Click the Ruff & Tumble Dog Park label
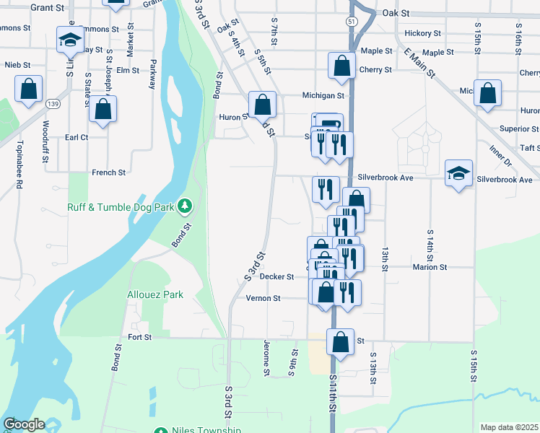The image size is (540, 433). coord(121,207)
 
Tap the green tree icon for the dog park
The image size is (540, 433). coord(186,207)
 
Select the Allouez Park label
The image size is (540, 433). coord(155,294)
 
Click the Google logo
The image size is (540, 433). coord(23,425)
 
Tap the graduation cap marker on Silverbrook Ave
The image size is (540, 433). coord(458,174)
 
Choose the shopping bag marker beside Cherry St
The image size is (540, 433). coord(341,66)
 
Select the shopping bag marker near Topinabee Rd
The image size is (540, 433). coord(29,90)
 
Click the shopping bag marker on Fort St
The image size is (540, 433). coord(341,341)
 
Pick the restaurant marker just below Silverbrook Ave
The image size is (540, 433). coord(326,189)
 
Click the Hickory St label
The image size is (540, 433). coord(423,33)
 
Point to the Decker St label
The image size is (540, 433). coord(277,276)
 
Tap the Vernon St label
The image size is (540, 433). coord(263,298)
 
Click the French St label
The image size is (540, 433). coord(109,172)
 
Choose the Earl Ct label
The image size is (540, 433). coord(77,137)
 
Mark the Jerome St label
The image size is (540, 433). coord(266,358)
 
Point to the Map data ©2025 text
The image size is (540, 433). coord(508,427)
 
